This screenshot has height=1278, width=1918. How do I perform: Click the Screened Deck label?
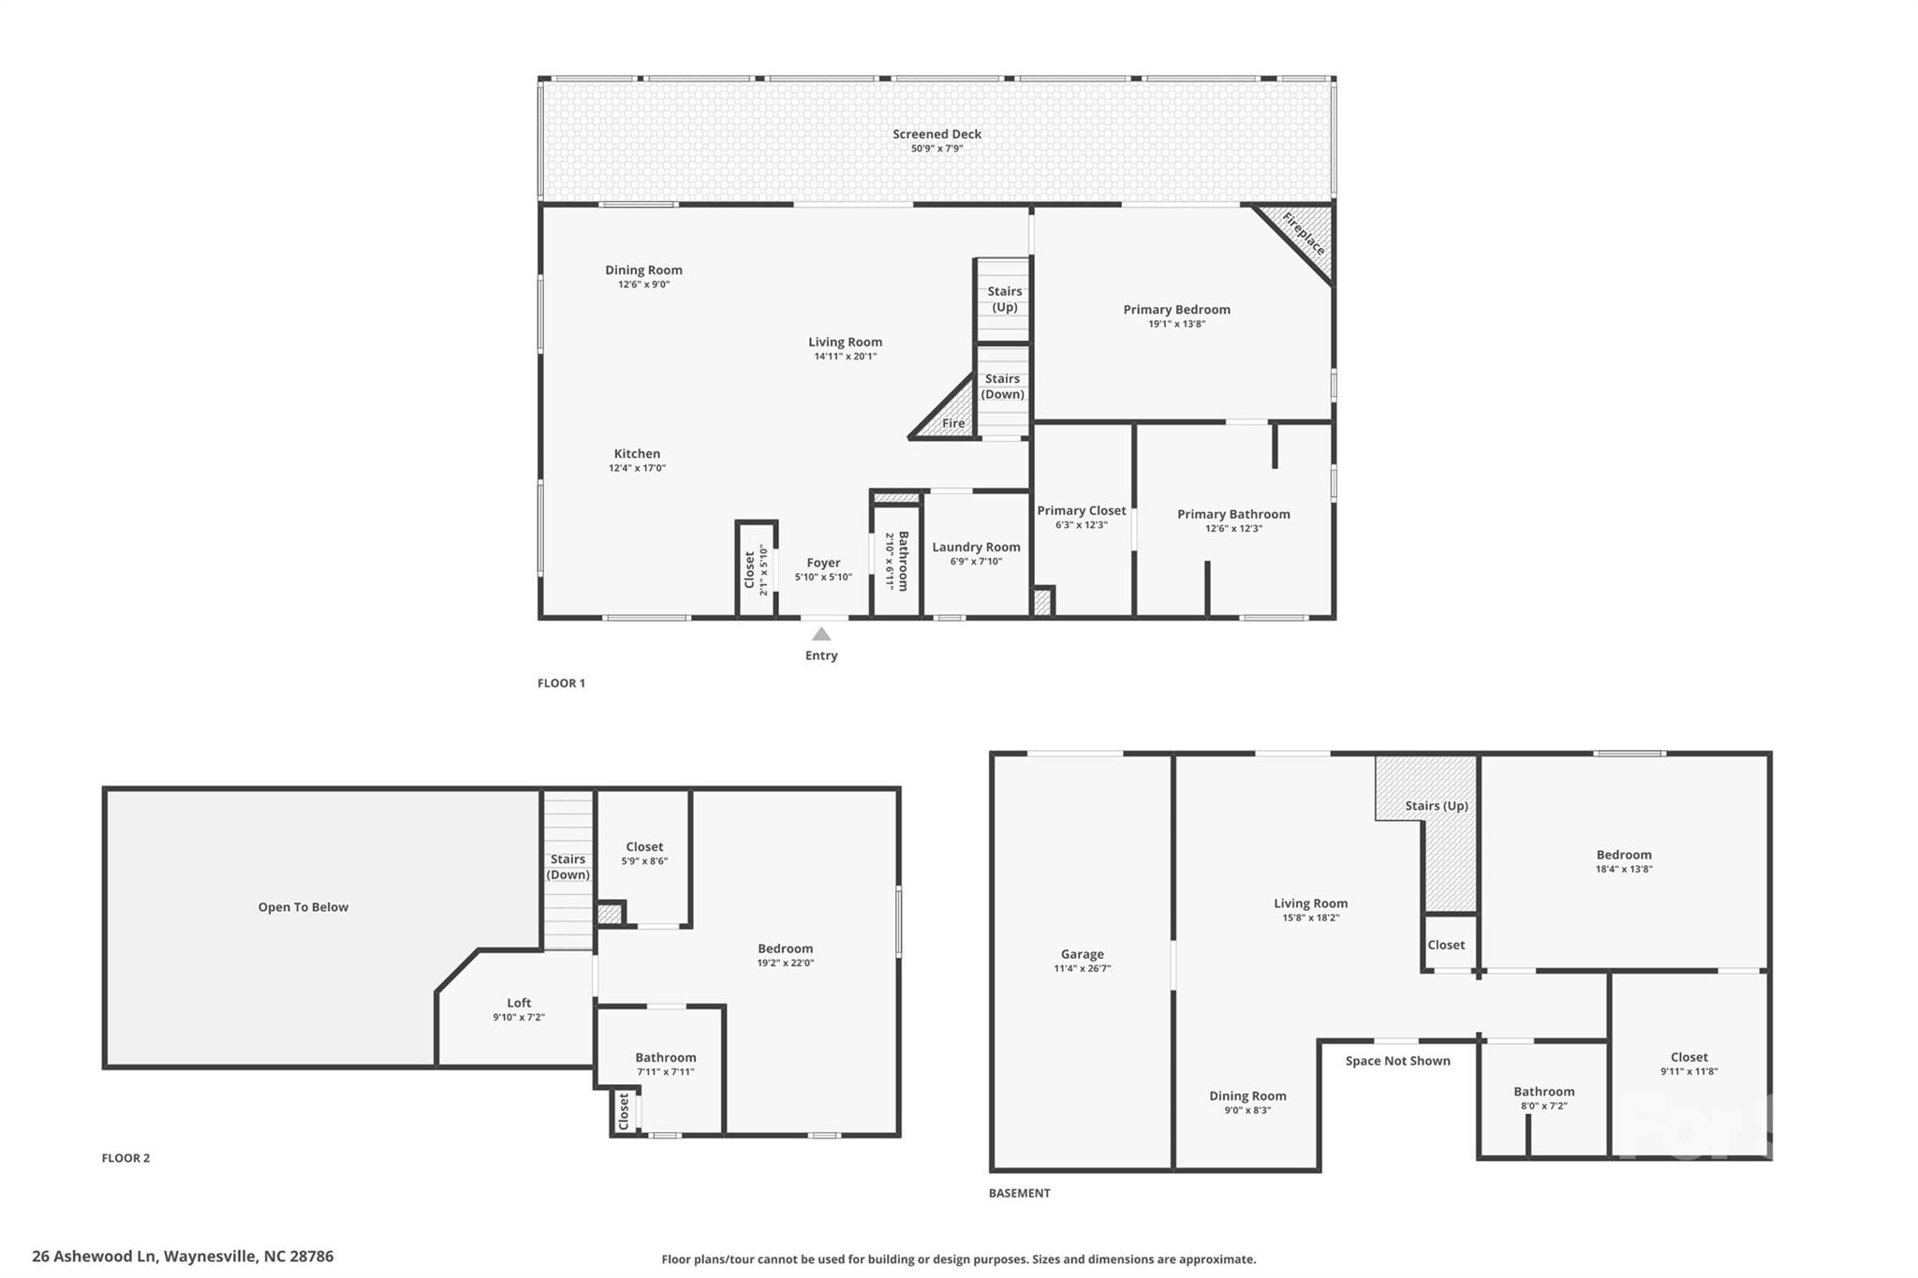(937, 135)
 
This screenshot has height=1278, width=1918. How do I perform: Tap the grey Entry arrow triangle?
(821, 635)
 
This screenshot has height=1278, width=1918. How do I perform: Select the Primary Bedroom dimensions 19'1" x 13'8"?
(1176, 324)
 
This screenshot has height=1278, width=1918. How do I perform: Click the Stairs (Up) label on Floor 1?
(1004, 300)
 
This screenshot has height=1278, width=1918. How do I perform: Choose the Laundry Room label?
(976, 548)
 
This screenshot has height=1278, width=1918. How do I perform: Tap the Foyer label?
(823, 563)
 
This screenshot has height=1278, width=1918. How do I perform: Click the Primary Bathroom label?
(1233, 514)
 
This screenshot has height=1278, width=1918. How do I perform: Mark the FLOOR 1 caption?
(561, 683)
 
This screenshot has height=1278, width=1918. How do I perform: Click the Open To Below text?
(303, 907)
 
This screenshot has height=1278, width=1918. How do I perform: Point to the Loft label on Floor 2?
(519, 1003)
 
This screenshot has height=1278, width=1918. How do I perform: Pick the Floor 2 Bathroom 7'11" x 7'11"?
(666, 1065)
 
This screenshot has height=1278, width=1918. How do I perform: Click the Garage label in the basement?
(1082, 954)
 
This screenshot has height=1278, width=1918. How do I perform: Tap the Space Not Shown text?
(1397, 1061)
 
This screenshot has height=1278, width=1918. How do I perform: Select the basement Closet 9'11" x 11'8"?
(1689, 1064)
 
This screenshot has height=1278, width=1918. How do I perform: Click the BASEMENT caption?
(1019, 1193)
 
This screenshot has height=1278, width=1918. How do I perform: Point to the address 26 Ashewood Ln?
(183, 1256)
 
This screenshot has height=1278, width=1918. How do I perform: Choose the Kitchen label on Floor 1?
(637, 454)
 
